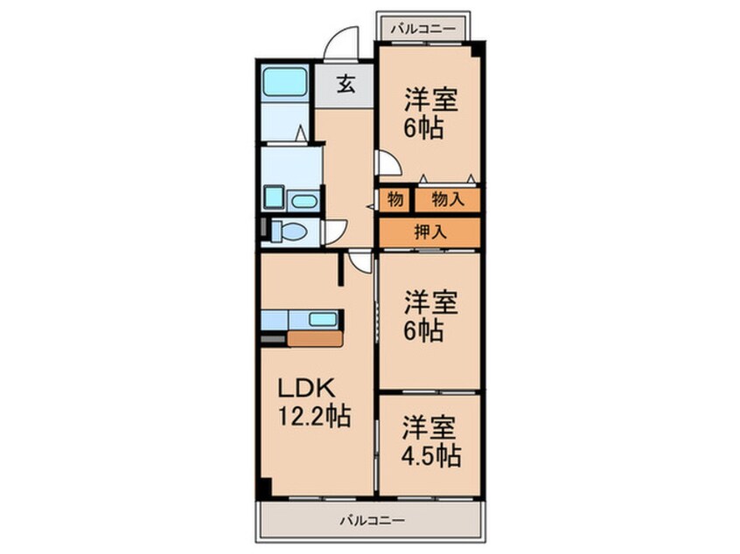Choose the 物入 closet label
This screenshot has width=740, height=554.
[447, 199]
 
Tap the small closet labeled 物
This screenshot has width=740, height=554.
[395, 199]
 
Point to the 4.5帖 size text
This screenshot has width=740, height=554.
[431, 455]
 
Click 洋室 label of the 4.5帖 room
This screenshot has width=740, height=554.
[430, 428]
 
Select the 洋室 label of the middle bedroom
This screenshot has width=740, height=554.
[430, 303]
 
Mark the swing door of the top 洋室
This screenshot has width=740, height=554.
[387, 163]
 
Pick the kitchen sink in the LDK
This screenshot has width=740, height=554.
[322, 319]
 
